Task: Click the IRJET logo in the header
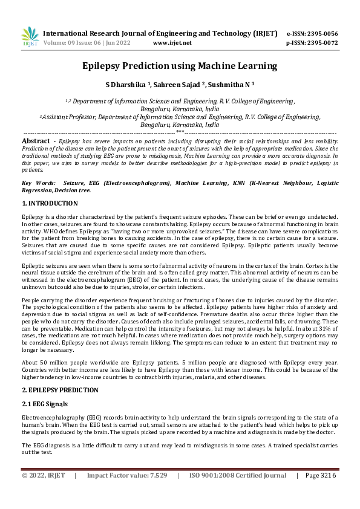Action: click(30, 37)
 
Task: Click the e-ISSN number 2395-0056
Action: click(321, 34)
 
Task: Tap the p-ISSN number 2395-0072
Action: click(321, 44)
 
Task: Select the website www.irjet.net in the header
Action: click(172, 44)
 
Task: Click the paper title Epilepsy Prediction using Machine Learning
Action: click(180, 66)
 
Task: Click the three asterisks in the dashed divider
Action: click(180, 131)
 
